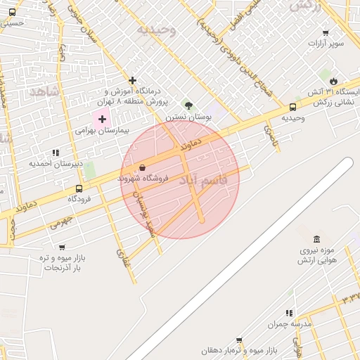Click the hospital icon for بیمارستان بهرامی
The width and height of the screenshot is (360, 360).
click(102, 119)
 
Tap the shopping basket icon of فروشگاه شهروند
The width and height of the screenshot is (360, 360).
click(143, 168)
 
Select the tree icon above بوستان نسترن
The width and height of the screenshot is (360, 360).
click(188, 105)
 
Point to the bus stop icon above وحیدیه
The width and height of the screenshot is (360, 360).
click(292, 107)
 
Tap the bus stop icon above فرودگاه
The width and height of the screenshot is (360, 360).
click(79, 188)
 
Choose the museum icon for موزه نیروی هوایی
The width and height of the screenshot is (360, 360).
click(316, 238)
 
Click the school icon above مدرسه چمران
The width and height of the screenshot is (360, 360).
click(289, 312)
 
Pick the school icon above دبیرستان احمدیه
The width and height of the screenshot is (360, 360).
click(56, 152)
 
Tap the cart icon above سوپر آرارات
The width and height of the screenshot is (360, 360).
click(326, 32)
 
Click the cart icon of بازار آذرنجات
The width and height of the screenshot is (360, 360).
click(63, 247)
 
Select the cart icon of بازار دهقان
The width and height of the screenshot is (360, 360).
click(239, 340)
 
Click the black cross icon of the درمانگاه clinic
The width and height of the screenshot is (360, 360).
click(132, 80)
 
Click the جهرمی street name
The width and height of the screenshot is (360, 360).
click(60, 222)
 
